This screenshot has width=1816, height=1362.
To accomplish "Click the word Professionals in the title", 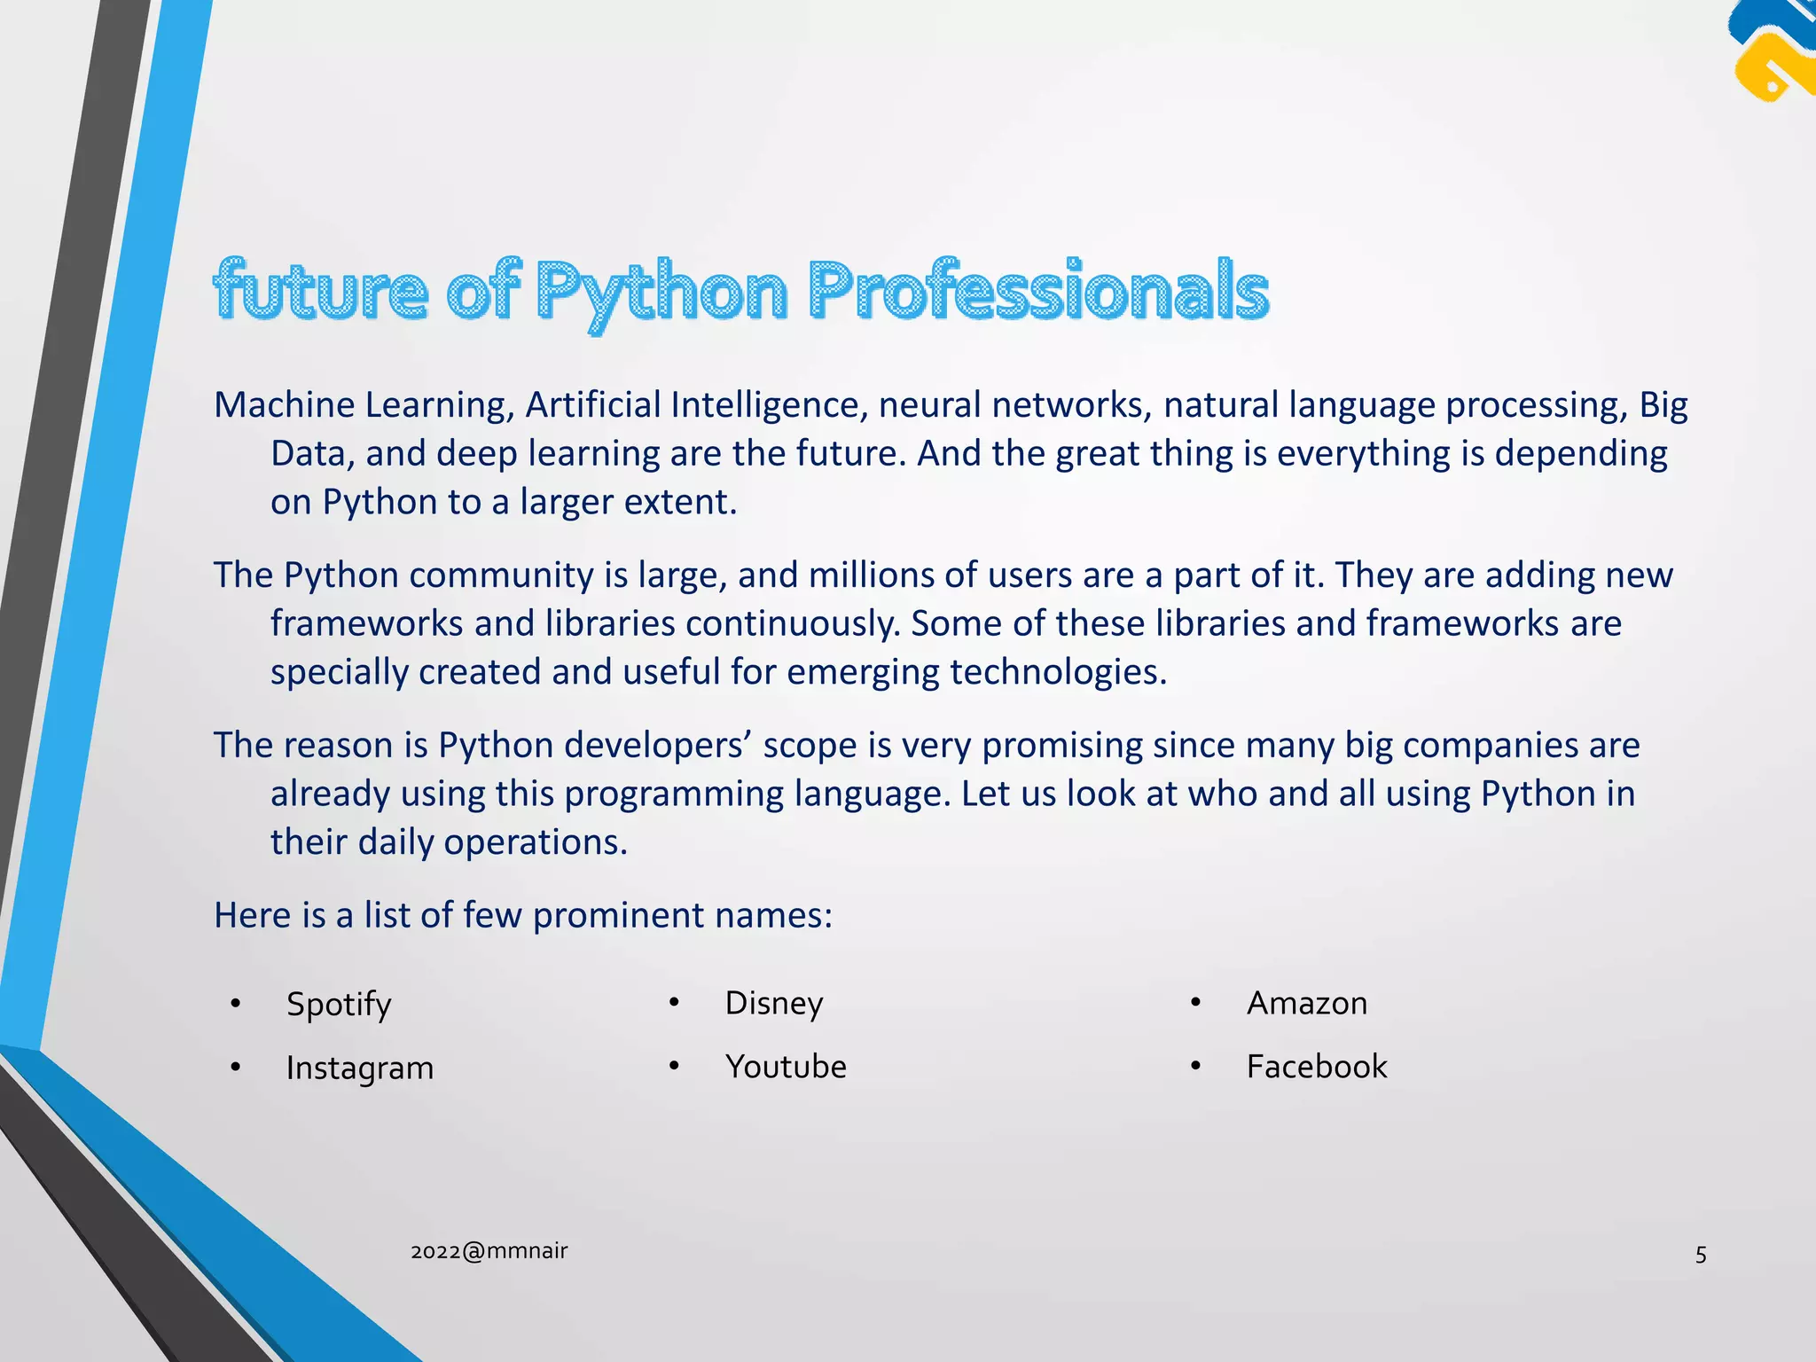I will click(x=1038, y=290).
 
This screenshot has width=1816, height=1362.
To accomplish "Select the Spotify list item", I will click(x=339, y=1005).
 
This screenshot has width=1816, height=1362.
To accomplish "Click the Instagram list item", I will click(x=360, y=1068).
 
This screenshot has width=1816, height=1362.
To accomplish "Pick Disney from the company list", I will click(x=774, y=1004).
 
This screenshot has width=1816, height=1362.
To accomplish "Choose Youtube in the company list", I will click(x=786, y=1067).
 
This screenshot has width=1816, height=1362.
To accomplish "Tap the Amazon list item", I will click(x=1307, y=1004).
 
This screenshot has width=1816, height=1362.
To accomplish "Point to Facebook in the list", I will click(x=1317, y=1067).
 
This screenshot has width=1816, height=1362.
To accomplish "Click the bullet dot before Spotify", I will click(x=235, y=1004).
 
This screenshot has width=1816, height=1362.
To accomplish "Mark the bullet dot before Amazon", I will click(x=1195, y=1003).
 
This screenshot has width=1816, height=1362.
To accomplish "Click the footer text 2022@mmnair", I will click(x=489, y=1251).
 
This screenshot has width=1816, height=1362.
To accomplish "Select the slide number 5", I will click(x=1701, y=1255).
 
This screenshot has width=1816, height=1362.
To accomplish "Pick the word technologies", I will click(x=1059, y=672).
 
